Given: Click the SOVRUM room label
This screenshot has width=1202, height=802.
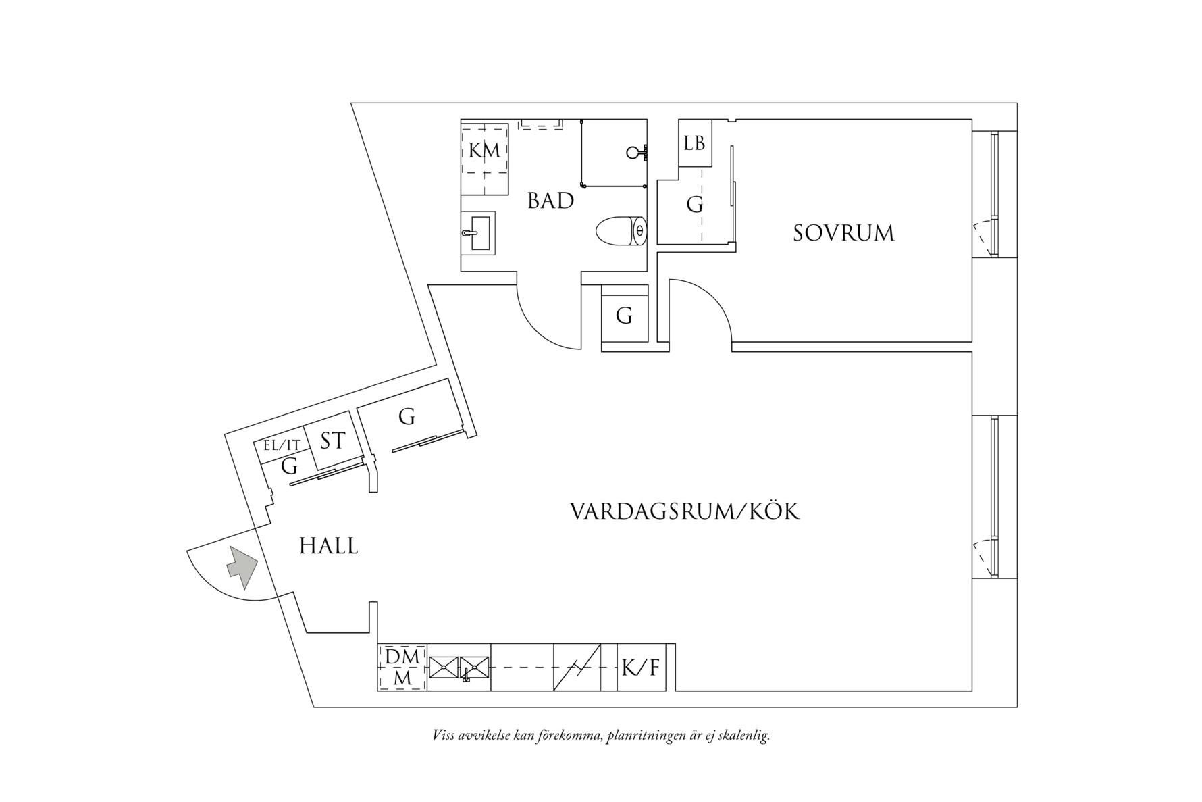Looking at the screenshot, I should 843,233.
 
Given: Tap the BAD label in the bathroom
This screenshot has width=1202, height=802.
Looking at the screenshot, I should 550,201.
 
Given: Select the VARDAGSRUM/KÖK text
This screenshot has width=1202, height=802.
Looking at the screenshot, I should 685,511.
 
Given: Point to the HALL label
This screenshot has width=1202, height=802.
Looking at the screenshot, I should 328,546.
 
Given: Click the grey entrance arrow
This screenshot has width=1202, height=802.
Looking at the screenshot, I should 242,567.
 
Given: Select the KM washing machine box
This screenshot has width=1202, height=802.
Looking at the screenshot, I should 485,151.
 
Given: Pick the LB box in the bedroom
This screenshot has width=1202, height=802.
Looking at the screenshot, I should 694,143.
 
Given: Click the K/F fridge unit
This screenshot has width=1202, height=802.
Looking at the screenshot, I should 640,668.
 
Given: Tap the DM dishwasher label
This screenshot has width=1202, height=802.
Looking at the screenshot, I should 402,656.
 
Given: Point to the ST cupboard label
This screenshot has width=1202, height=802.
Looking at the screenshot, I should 332,441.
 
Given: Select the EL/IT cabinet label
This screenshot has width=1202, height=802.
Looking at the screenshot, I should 282,445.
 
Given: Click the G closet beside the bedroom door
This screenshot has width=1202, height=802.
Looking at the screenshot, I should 625,316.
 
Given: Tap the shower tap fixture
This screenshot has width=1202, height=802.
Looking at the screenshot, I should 636,152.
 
